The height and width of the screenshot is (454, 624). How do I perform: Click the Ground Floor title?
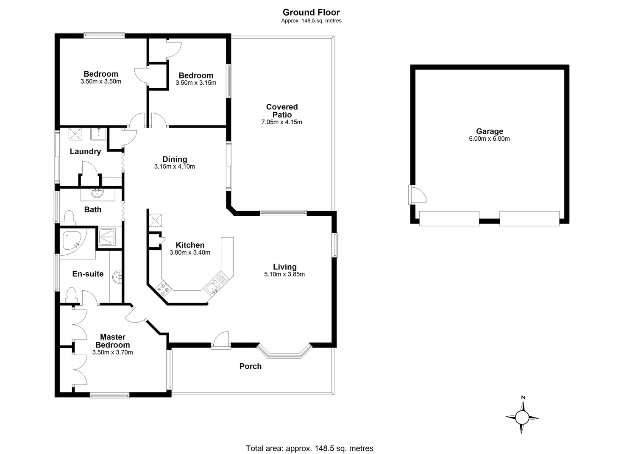coord(311,12)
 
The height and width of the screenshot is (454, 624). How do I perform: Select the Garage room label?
coord(489,131)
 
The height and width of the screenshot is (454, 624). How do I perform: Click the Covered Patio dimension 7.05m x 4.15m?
coord(281,122)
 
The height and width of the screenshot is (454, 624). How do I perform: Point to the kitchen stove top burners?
coord(162,289)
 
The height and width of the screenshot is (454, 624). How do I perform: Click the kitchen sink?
coord(213,287)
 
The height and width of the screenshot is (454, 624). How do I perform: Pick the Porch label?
coord(250,366)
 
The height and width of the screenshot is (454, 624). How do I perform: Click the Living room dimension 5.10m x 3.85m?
coord(284,274)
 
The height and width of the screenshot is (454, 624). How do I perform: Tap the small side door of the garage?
coord(417,195)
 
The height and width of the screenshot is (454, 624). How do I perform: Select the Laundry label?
coord(85,151)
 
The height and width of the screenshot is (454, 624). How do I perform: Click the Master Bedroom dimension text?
coord(112,352)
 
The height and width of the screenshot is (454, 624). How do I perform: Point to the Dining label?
coord(175,159)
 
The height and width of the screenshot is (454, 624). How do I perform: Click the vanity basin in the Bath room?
coord(98,194)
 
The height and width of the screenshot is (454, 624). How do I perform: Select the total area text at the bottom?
coord(309,448)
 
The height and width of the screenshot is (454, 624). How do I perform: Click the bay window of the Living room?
coord(284,352)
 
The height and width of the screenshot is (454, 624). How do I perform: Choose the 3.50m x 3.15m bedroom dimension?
coord(196,83)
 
